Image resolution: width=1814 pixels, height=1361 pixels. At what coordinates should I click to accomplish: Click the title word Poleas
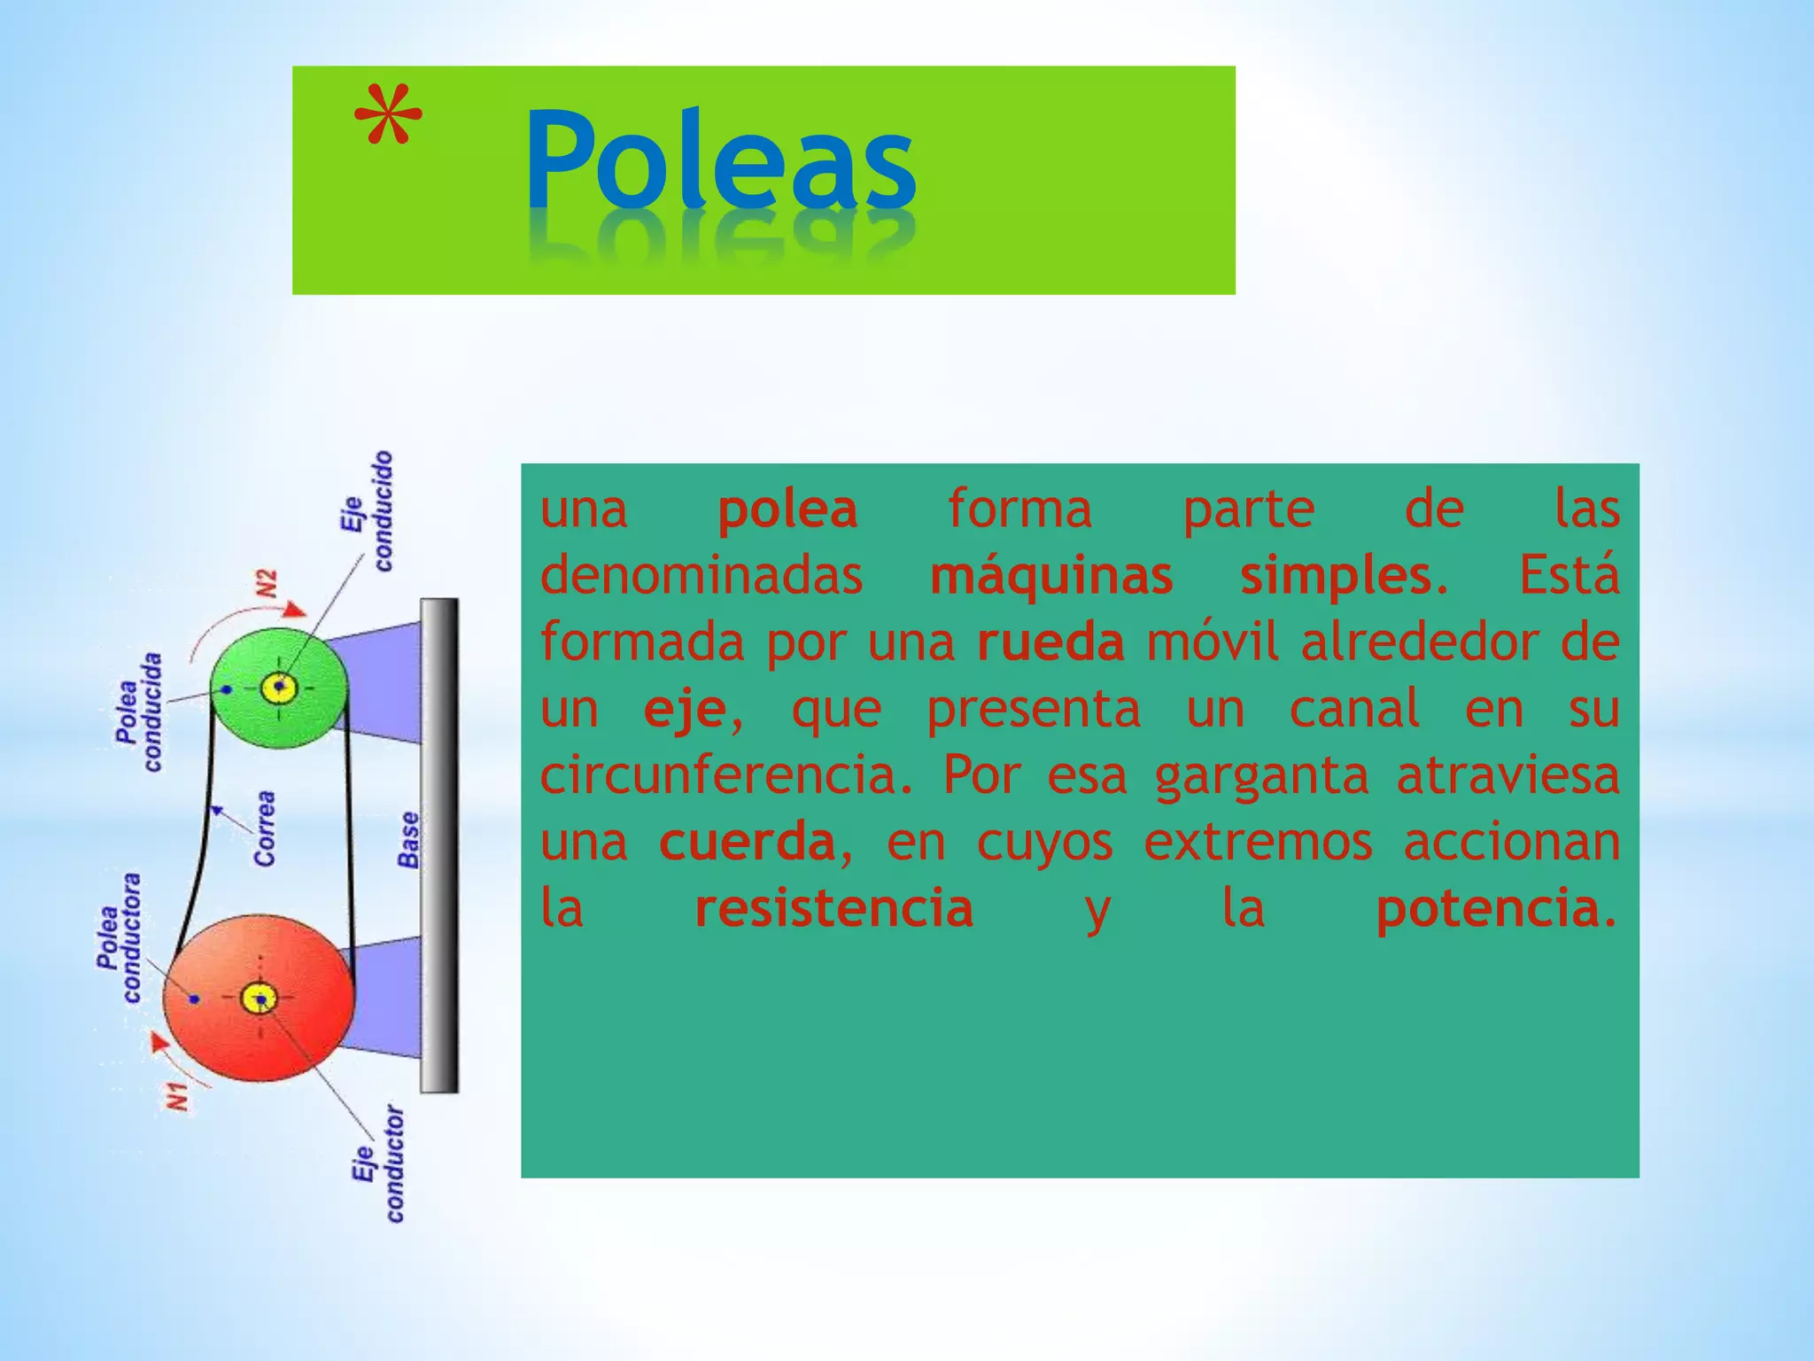719,159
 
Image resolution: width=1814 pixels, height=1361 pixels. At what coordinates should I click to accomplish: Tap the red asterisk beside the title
388,117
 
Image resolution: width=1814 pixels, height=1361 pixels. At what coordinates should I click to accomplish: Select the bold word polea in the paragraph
787,509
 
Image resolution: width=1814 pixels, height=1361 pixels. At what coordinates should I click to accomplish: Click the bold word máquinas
1051,577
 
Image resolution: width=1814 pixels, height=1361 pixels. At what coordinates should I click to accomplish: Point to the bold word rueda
1050,642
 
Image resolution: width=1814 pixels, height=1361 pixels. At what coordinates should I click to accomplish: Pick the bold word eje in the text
685,710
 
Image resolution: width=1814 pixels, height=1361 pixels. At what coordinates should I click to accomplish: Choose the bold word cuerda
748,842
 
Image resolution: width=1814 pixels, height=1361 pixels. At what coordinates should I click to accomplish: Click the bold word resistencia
833,908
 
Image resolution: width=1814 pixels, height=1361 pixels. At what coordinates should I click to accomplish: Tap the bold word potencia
1488,908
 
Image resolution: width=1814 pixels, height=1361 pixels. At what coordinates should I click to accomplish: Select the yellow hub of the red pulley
260,999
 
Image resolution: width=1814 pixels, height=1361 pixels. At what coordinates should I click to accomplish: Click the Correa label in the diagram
264,828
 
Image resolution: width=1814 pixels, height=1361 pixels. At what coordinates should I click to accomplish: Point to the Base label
408,839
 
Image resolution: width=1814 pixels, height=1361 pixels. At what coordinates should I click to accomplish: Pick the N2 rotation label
267,585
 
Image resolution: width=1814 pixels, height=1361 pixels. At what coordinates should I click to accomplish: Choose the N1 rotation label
178,1096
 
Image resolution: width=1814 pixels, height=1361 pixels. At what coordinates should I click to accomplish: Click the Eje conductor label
379,1163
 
